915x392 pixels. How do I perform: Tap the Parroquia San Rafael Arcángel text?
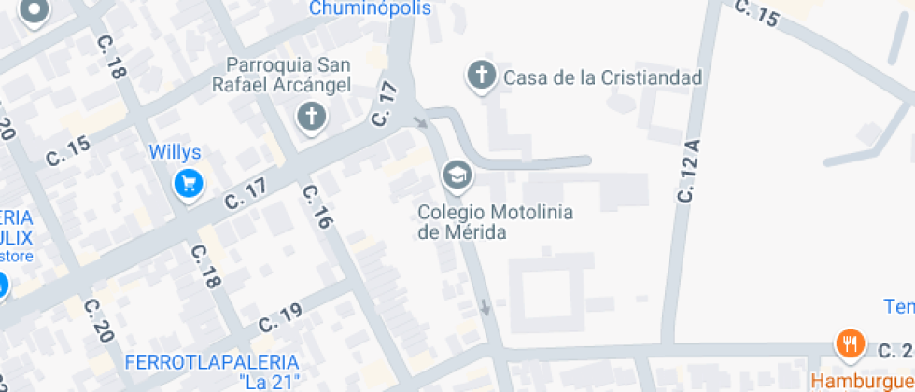click(288, 76)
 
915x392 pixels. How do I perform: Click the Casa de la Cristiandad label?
click(602, 77)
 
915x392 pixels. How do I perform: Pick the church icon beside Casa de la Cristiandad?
click(481, 76)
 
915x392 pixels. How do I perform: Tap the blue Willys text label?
click(176, 151)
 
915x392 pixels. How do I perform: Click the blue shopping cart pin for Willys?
click(189, 183)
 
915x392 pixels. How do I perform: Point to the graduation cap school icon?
click(457, 175)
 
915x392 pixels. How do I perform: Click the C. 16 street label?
click(317, 206)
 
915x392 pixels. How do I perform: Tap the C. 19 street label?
click(278, 315)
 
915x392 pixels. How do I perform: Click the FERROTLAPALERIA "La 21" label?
click(212, 371)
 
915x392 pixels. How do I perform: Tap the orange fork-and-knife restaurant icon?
click(849, 344)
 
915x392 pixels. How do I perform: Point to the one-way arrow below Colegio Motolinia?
click(485, 306)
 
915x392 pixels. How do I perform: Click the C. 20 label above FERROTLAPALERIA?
click(97, 320)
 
